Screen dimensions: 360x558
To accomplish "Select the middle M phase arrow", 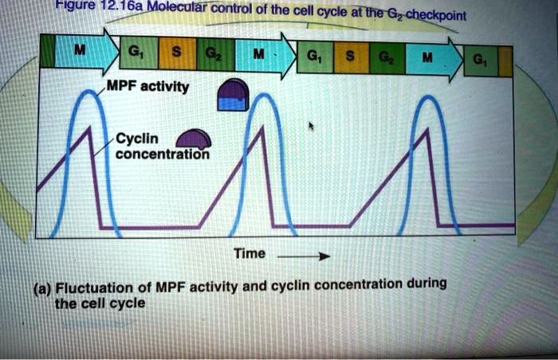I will (256, 57).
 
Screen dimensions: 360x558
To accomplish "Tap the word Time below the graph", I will (249, 253).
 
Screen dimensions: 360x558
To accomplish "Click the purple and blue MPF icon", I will (234, 98).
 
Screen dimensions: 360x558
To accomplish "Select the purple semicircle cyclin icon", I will (194, 140).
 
